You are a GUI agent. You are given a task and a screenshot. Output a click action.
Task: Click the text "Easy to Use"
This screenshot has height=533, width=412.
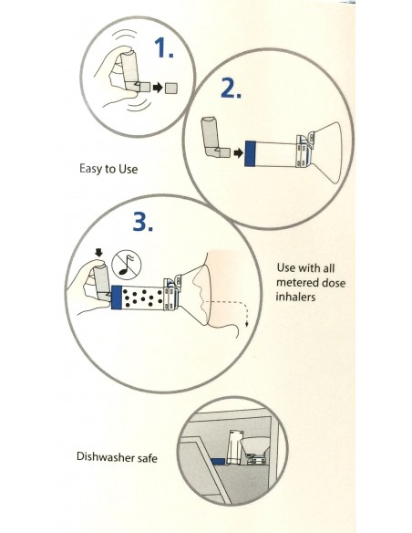[111, 168]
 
